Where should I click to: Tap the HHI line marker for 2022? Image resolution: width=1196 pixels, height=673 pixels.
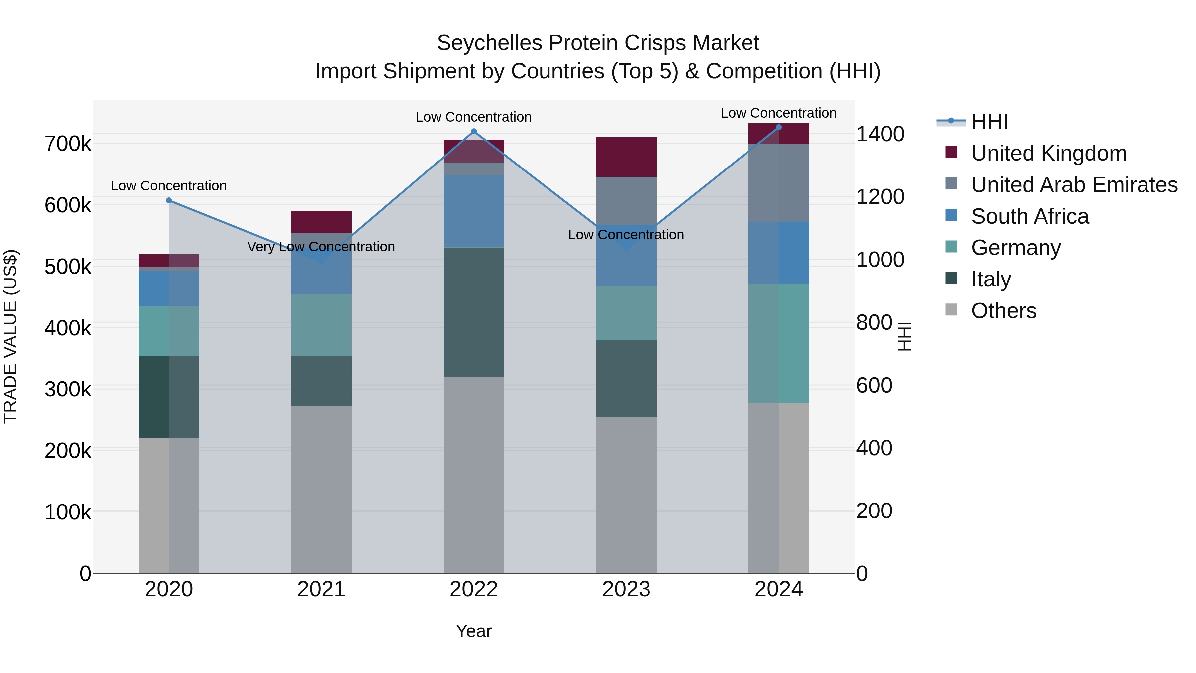click(473, 131)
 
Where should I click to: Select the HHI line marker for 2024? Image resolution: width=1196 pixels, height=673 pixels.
click(779, 127)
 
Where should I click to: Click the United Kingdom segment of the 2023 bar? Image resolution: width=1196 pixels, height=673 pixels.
click(626, 157)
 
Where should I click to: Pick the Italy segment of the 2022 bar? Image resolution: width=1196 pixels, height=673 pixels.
click(473, 312)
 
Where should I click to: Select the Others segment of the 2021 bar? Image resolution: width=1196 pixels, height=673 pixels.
click(321, 490)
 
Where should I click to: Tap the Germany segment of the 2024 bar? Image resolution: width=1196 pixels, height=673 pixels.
click(779, 343)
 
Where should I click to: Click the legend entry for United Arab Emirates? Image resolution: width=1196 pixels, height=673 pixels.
click(1074, 185)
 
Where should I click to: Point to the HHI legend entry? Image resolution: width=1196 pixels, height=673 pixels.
click(989, 122)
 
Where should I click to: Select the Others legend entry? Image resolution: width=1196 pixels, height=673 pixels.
click(1003, 311)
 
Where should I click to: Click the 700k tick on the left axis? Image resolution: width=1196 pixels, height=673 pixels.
click(68, 144)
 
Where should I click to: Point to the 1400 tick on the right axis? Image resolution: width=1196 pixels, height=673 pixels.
click(880, 134)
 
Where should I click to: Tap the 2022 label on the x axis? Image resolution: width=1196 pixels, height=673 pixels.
click(473, 589)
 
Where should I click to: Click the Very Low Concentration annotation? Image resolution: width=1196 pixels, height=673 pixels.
click(321, 247)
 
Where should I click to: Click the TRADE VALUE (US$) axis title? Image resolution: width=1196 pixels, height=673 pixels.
click(10, 336)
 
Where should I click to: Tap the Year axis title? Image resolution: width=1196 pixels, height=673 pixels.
click(473, 631)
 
